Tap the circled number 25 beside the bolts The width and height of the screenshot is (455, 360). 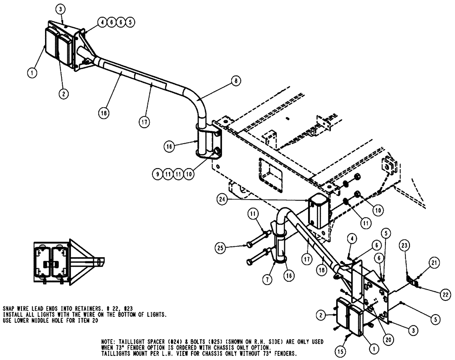[x=221, y=247]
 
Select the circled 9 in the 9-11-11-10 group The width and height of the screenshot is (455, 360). [x=157, y=173]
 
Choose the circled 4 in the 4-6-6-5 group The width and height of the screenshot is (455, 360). [x=102, y=21]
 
